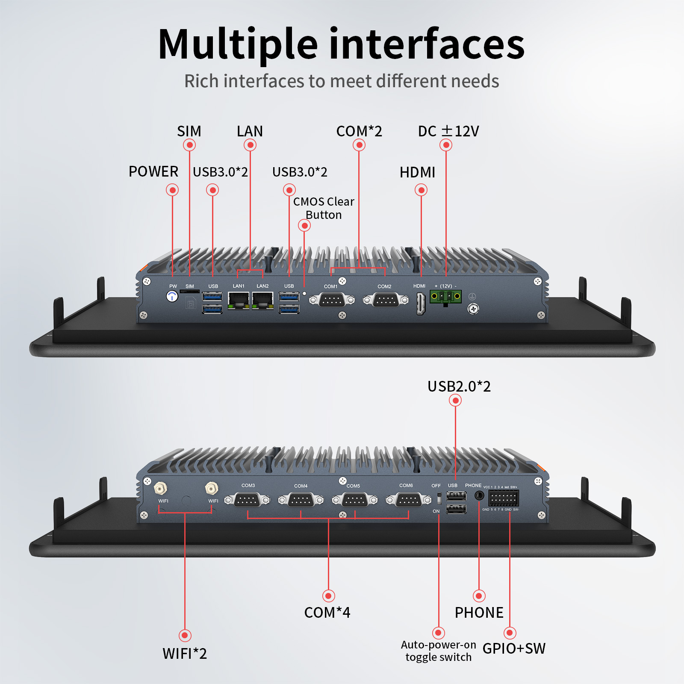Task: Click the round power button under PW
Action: (x=172, y=296)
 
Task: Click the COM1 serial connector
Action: (x=332, y=300)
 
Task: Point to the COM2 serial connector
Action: (x=386, y=300)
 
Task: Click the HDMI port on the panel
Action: (x=421, y=304)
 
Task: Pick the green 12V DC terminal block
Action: (x=445, y=297)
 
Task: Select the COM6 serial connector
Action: (x=409, y=500)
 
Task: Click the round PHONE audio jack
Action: (x=479, y=496)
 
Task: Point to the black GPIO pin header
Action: (x=504, y=498)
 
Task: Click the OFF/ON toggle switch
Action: (x=439, y=498)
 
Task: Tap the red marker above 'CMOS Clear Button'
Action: (x=304, y=225)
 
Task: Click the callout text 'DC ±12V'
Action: (x=448, y=131)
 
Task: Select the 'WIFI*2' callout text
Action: (x=185, y=654)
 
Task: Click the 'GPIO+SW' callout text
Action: (x=514, y=649)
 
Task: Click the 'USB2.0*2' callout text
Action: (x=459, y=386)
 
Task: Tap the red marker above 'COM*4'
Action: (x=328, y=596)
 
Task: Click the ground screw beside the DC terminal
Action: (x=473, y=308)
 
